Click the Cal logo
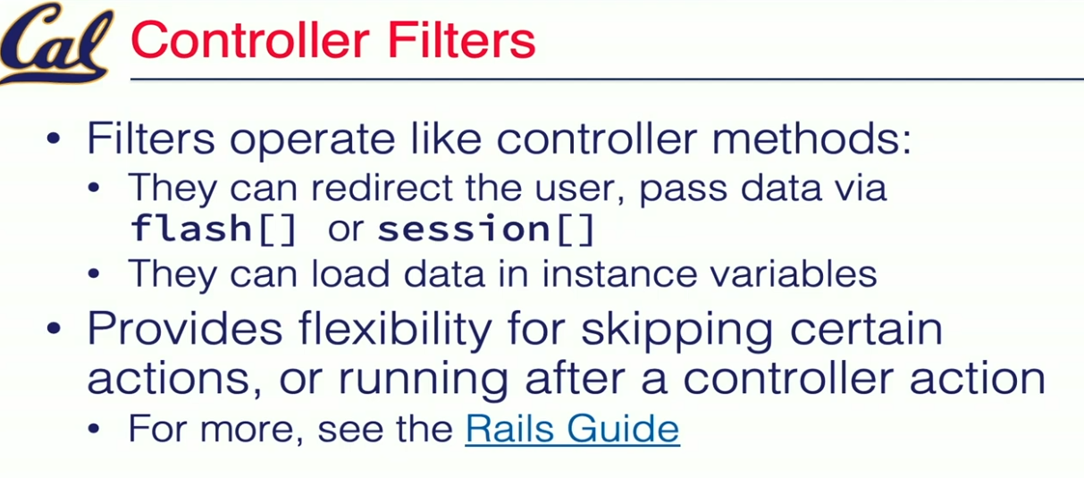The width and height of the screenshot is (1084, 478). pyautogui.click(x=55, y=44)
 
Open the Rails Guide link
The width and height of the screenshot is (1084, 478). pyautogui.click(x=573, y=429)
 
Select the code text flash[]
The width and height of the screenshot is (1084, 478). pyautogui.click(x=214, y=229)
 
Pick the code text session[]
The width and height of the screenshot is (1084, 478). pyautogui.click(x=486, y=229)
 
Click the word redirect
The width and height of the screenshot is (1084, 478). pyautogui.click(x=382, y=188)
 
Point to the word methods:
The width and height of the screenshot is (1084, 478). pyautogui.click(x=811, y=138)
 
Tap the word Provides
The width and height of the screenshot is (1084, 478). pyautogui.click(x=185, y=329)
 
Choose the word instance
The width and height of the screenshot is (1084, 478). pyautogui.click(x=619, y=273)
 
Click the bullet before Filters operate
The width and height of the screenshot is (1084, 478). pyautogui.click(x=54, y=138)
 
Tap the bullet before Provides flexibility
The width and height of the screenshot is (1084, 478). pyautogui.click(x=54, y=329)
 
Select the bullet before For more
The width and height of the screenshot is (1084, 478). pyautogui.click(x=94, y=429)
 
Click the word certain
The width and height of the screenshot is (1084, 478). pyautogui.click(x=866, y=329)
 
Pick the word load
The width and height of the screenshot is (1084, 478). pyautogui.click(x=350, y=273)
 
